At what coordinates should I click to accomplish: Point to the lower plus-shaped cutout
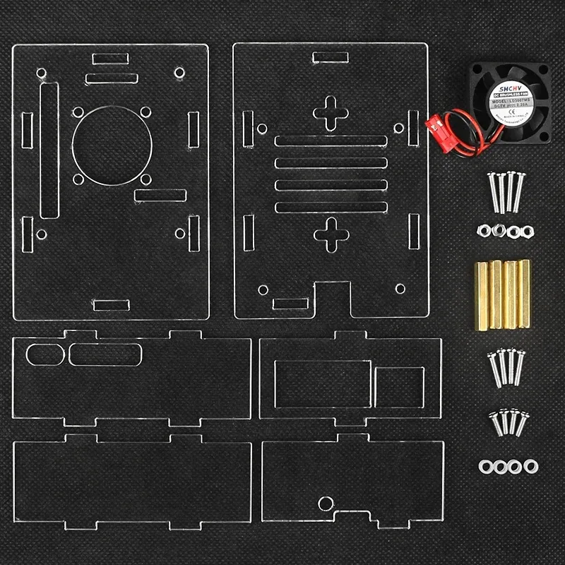pos(330,235)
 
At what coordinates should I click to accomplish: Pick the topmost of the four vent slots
pos(331,141)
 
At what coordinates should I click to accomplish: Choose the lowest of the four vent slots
pos(331,207)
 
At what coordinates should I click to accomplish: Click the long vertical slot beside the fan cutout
pos(49,150)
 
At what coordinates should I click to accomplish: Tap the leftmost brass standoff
pos(484,294)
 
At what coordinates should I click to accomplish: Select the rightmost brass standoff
pos(524,294)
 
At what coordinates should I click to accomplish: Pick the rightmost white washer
pos(530,465)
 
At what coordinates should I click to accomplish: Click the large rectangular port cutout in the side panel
pos(322,384)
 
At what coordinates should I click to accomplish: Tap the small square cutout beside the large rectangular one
pos(399,388)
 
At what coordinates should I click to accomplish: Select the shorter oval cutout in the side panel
pos(45,355)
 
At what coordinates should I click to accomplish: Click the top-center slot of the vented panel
pos(330,57)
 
